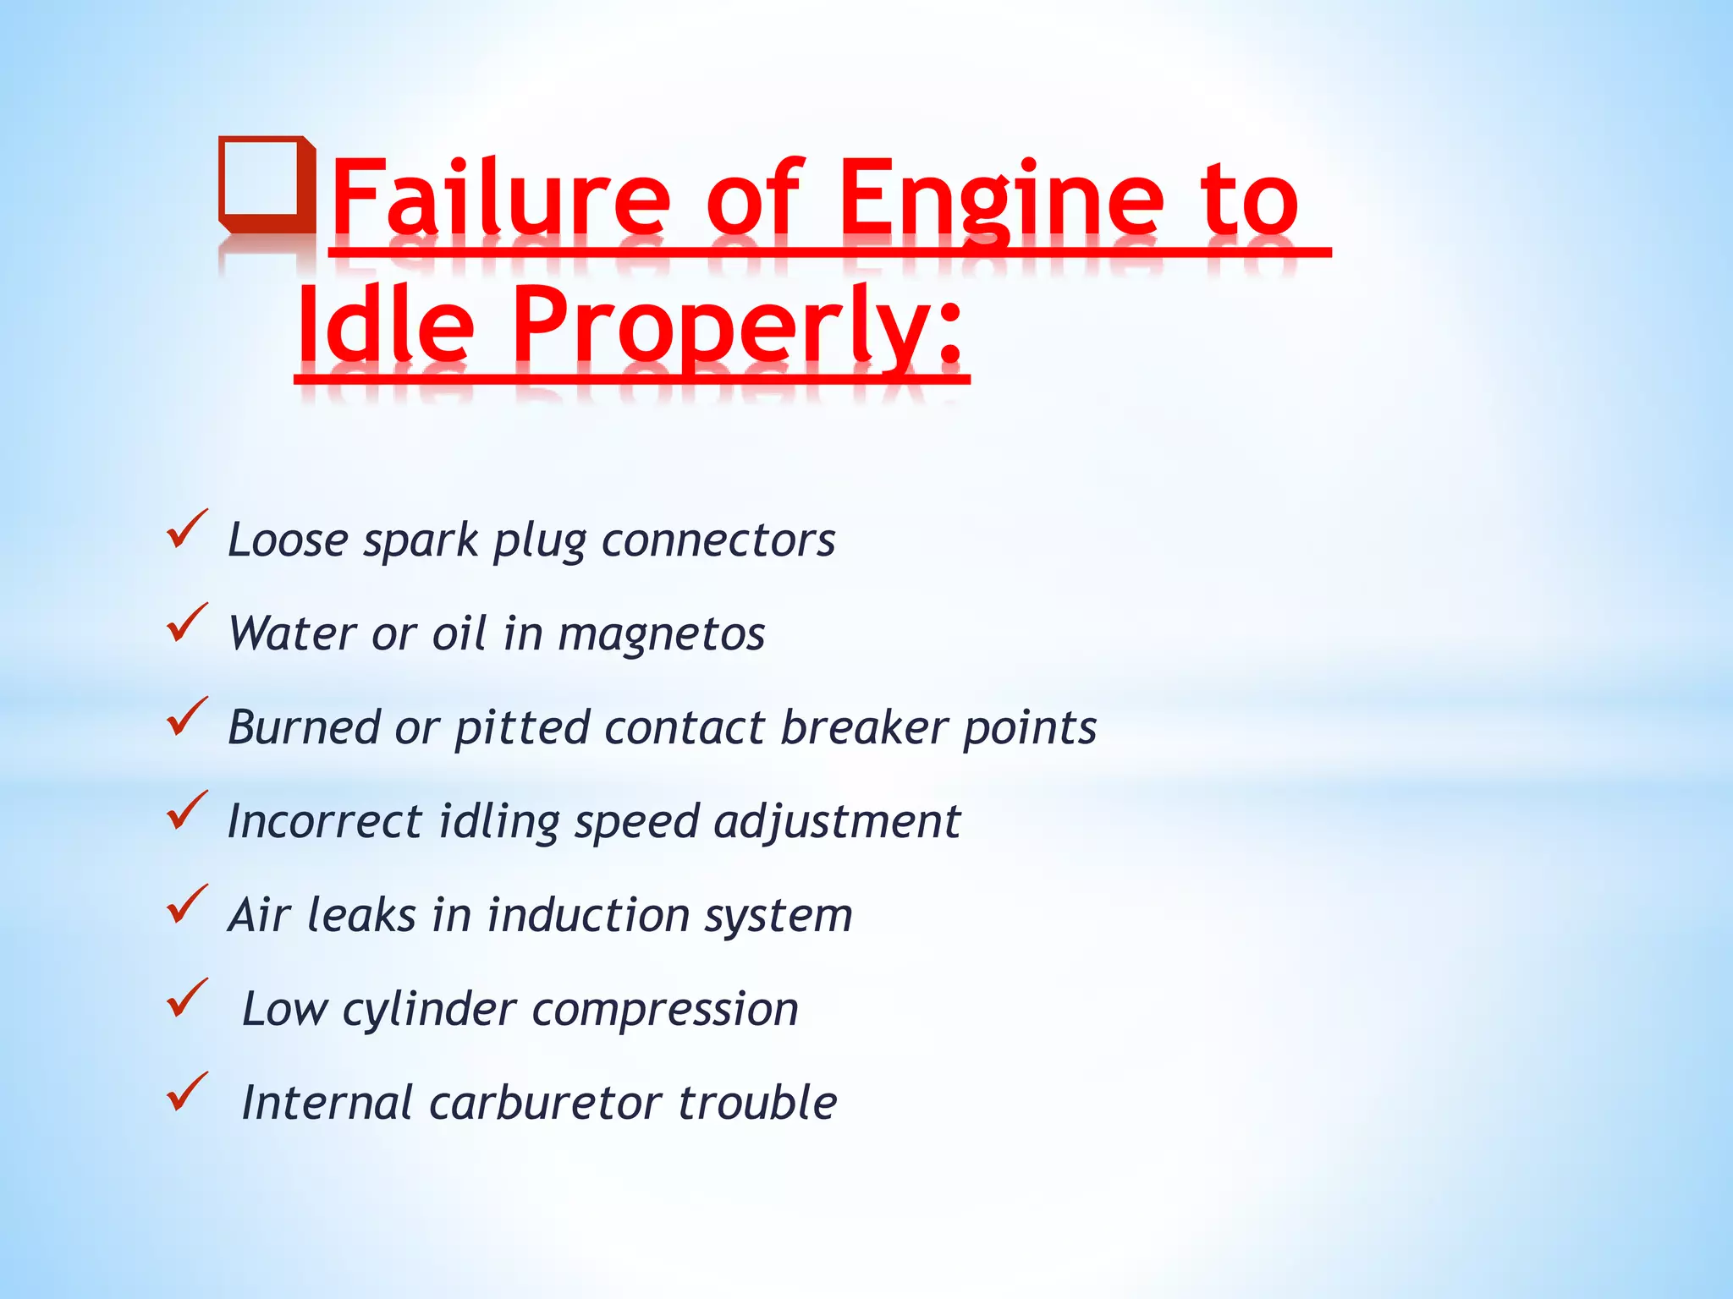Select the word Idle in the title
[386, 326]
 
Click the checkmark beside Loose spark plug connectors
[187, 529]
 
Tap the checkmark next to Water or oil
[187, 623]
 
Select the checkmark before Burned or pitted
[187, 717]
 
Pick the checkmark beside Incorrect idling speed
[187, 811]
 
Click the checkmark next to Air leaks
[187, 905]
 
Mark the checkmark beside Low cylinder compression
[187, 999]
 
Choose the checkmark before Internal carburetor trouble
[187, 1093]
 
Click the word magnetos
[661, 634]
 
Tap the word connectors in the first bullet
[718, 540]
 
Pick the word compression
[665, 1010]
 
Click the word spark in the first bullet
[421, 542]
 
